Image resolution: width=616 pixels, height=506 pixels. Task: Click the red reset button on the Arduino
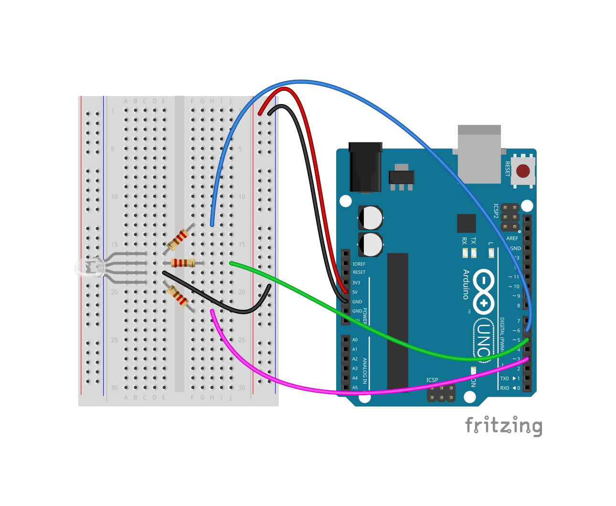(523, 171)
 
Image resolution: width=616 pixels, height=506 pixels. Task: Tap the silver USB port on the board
(479, 154)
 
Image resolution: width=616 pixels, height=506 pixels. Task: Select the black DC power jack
(365, 167)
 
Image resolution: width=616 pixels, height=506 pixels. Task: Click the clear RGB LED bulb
(90, 268)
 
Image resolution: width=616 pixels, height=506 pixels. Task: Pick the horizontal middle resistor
(183, 263)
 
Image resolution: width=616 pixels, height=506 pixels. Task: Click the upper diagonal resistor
(178, 240)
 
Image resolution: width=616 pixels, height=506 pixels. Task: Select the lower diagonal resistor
(177, 296)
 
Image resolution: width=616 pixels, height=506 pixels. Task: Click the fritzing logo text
(503, 425)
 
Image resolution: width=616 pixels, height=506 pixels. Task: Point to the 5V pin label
(355, 292)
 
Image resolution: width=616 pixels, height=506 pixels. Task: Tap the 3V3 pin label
(356, 282)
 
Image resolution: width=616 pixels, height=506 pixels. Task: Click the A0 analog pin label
(355, 340)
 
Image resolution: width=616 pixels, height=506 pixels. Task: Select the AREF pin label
(512, 238)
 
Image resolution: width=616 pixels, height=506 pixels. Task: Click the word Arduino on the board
(466, 284)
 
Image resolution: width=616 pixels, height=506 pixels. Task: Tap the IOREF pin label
(359, 264)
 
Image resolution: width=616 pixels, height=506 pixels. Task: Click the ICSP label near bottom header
(432, 380)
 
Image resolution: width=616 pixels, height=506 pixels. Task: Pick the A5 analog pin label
(355, 388)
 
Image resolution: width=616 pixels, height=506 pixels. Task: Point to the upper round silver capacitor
(371, 218)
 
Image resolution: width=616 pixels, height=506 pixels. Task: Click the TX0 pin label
(504, 378)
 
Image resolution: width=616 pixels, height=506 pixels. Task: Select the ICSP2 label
(496, 211)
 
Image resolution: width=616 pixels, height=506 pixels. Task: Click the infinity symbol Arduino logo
(484, 291)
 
